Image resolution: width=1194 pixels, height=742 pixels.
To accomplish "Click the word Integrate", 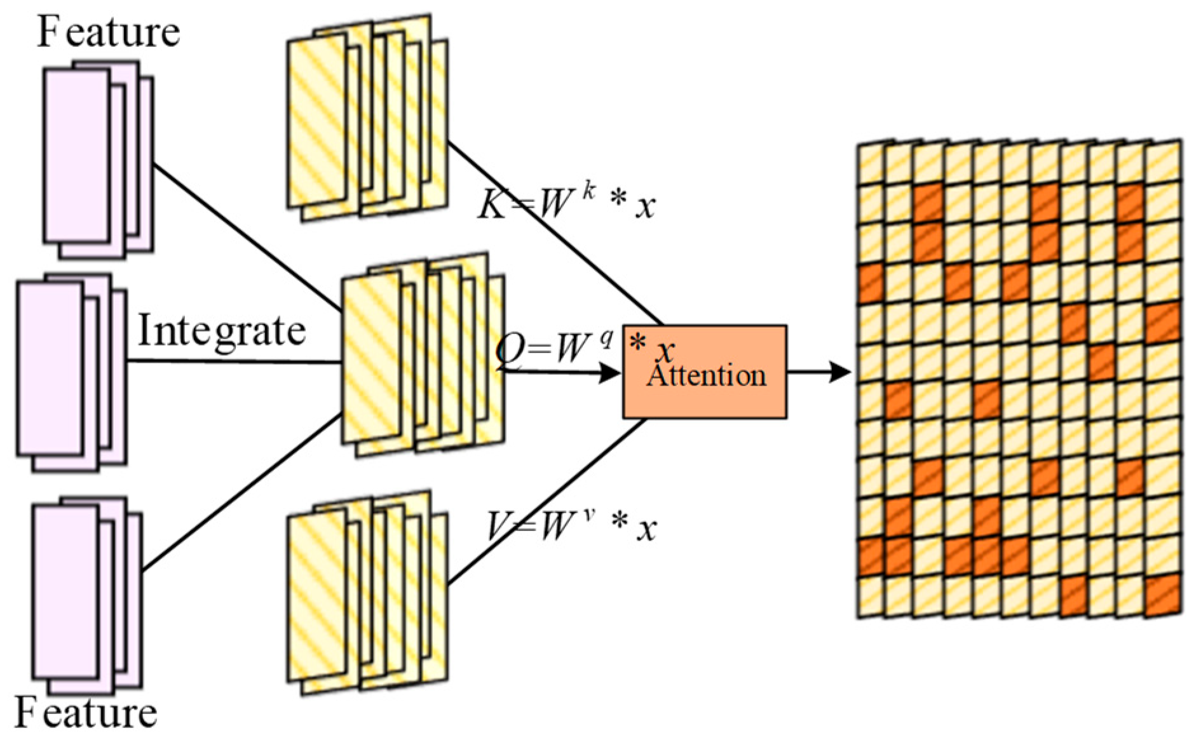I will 222,332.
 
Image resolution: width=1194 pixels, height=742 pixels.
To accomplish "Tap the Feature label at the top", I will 109,32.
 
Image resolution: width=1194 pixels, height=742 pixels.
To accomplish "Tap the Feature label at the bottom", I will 86,713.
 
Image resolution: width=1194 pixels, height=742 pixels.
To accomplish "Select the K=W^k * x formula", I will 566,203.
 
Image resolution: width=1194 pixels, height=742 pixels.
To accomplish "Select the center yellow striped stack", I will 423,356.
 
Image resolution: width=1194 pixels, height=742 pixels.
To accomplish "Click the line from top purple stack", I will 248,238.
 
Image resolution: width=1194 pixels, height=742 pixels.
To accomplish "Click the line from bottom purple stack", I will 241,492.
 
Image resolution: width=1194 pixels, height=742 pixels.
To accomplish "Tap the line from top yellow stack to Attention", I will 553,232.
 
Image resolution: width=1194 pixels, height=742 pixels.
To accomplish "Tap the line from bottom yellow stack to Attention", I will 546,502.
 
